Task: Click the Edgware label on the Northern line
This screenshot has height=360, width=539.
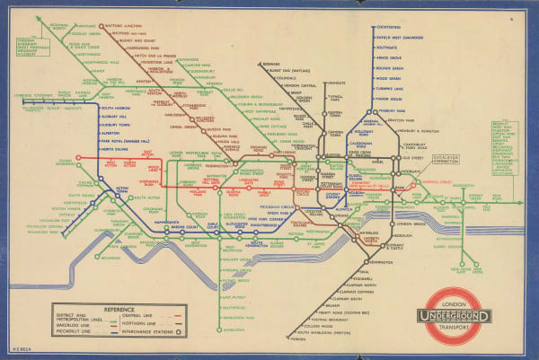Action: point(270,65)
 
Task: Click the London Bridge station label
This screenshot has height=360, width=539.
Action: point(410,224)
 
